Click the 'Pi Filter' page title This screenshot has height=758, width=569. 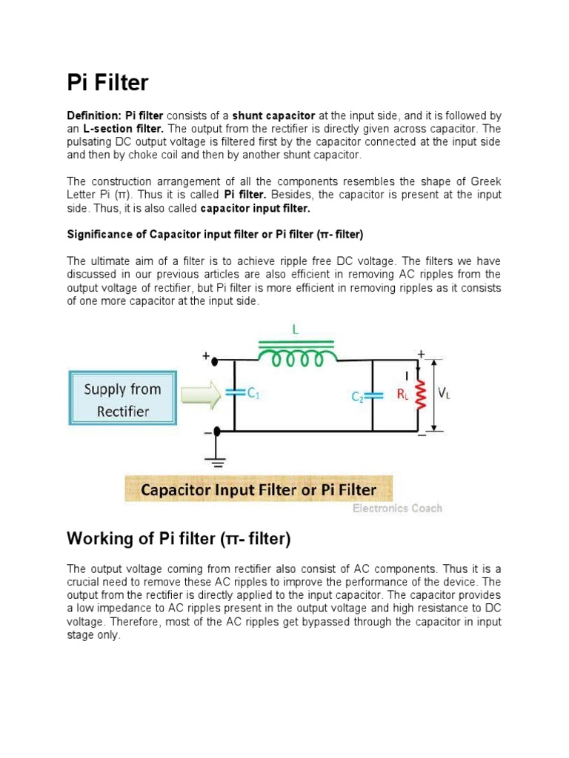point(107,84)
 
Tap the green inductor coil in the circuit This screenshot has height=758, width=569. point(297,358)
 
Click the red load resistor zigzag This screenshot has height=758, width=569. point(420,395)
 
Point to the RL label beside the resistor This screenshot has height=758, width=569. point(402,395)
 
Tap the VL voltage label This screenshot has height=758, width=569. point(445,395)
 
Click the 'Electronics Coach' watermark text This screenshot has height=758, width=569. point(396,509)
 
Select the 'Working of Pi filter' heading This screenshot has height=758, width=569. point(179,538)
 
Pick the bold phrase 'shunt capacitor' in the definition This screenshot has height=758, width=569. point(274,116)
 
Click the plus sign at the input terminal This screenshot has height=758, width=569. point(206,356)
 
